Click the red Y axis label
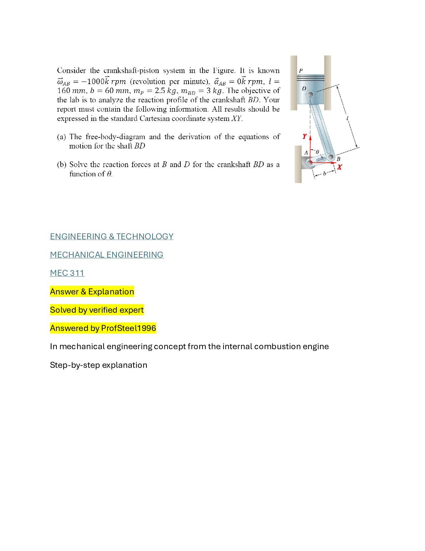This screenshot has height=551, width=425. tap(304, 136)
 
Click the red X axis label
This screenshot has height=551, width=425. tap(339, 167)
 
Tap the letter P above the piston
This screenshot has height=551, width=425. tap(301, 71)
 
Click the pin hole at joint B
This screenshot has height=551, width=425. tap(331, 157)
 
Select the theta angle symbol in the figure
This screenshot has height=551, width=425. tap(317, 152)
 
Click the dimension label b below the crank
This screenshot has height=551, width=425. tap(324, 174)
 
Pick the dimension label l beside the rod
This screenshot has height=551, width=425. tap(347, 118)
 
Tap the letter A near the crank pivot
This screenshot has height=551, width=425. tap(306, 153)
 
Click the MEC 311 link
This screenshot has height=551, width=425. tap(67, 273)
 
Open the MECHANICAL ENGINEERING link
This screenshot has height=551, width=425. tap(106, 255)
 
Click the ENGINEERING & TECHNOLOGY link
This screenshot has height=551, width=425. tap(111, 237)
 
